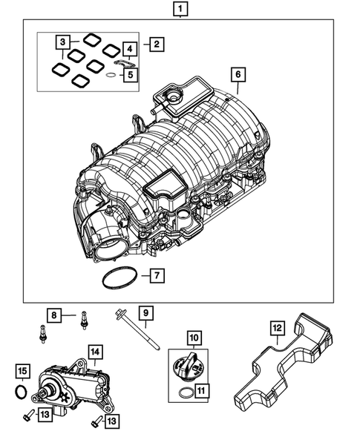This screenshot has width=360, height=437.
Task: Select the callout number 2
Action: point(156,45)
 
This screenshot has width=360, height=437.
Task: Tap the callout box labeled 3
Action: point(65,42)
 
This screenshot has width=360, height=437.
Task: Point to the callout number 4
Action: point(130,50)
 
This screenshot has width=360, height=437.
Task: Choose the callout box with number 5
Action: point(130,74)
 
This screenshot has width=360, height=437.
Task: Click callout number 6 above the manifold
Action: point(238,75)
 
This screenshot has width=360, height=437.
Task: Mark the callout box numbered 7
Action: point(156,277)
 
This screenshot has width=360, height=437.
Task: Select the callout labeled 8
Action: point(54,315)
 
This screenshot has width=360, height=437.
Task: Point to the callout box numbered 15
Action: point(23,370)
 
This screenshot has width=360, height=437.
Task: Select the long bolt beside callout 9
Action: point(138,328)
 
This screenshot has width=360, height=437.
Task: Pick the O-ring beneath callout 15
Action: point(23,390)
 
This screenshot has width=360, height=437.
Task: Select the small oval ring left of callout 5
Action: point(109,75)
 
